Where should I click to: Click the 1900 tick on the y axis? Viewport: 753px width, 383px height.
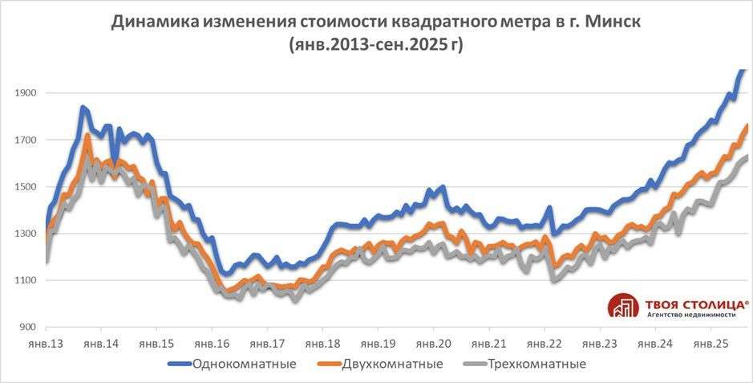[26, 93]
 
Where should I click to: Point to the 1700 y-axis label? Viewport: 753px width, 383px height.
[26, 141]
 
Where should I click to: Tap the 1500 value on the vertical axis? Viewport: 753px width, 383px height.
[26, 187]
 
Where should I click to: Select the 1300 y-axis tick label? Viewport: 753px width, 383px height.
[26, 234]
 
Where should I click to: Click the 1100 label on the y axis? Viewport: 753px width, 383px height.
[26, 280]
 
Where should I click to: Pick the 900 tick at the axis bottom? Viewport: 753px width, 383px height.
[28, 328]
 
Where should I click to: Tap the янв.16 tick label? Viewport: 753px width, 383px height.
[212, 344]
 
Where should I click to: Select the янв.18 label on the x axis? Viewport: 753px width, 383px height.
[322, 344]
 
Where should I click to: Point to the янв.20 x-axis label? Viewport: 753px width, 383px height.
[433, 344]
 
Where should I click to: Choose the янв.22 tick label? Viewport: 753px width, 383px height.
[545, 344]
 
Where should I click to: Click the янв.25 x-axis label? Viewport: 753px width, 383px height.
[710, 344]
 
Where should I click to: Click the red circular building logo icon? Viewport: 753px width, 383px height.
[623, 308]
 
